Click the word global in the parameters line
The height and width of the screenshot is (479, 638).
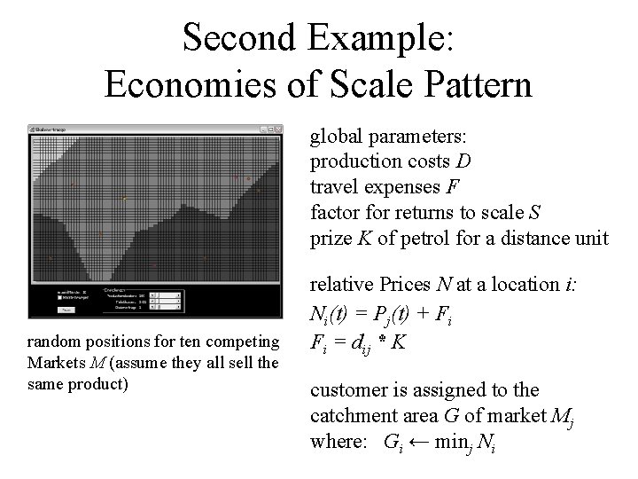[335, 138]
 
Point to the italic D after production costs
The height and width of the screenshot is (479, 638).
[464, 163]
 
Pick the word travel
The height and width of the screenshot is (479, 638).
[331, 187]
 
